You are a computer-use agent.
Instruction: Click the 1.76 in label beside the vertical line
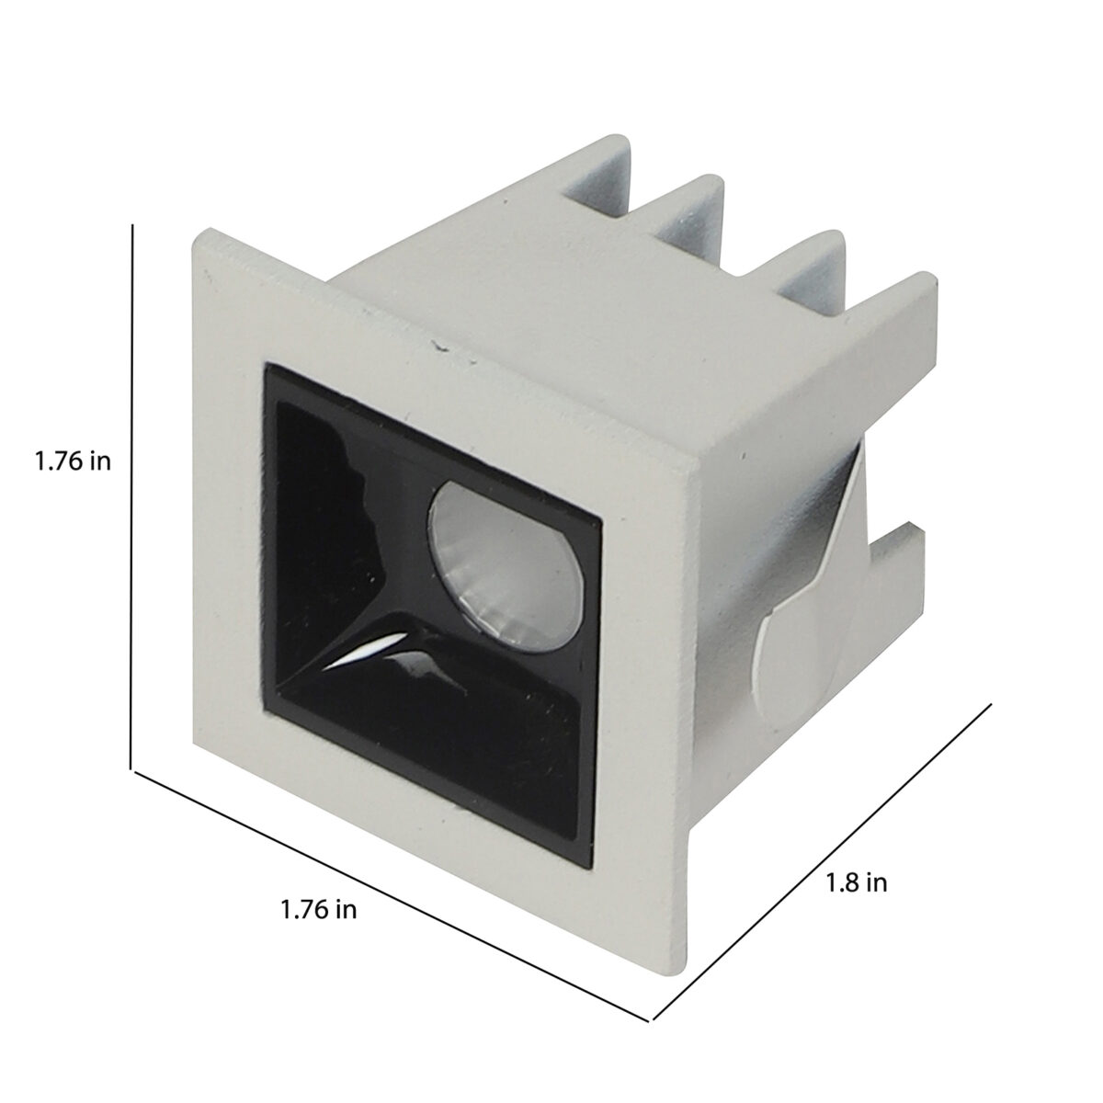tap(74, 461)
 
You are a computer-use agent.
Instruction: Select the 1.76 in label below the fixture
tap(319, 910)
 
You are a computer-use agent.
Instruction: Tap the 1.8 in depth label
tap(857, 882)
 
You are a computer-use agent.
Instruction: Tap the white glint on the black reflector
tap(367, 654)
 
